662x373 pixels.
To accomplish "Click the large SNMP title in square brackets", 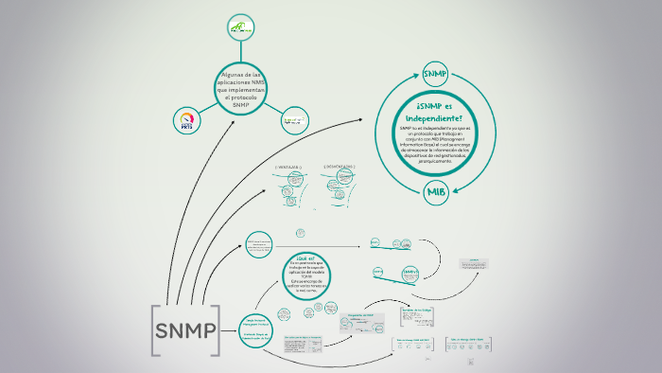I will coord(185,331).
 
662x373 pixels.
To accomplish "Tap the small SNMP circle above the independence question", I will coord(436,73).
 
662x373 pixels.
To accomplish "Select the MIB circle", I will coord(436,192).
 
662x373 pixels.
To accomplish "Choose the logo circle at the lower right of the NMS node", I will coord(295,120).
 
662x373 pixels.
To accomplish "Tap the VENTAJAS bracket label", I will coord(287,166).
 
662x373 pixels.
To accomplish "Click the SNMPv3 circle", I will coord(409,274).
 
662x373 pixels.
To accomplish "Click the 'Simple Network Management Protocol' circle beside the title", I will coord(256,326).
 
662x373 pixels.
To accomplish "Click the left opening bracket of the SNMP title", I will coord(154,331).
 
